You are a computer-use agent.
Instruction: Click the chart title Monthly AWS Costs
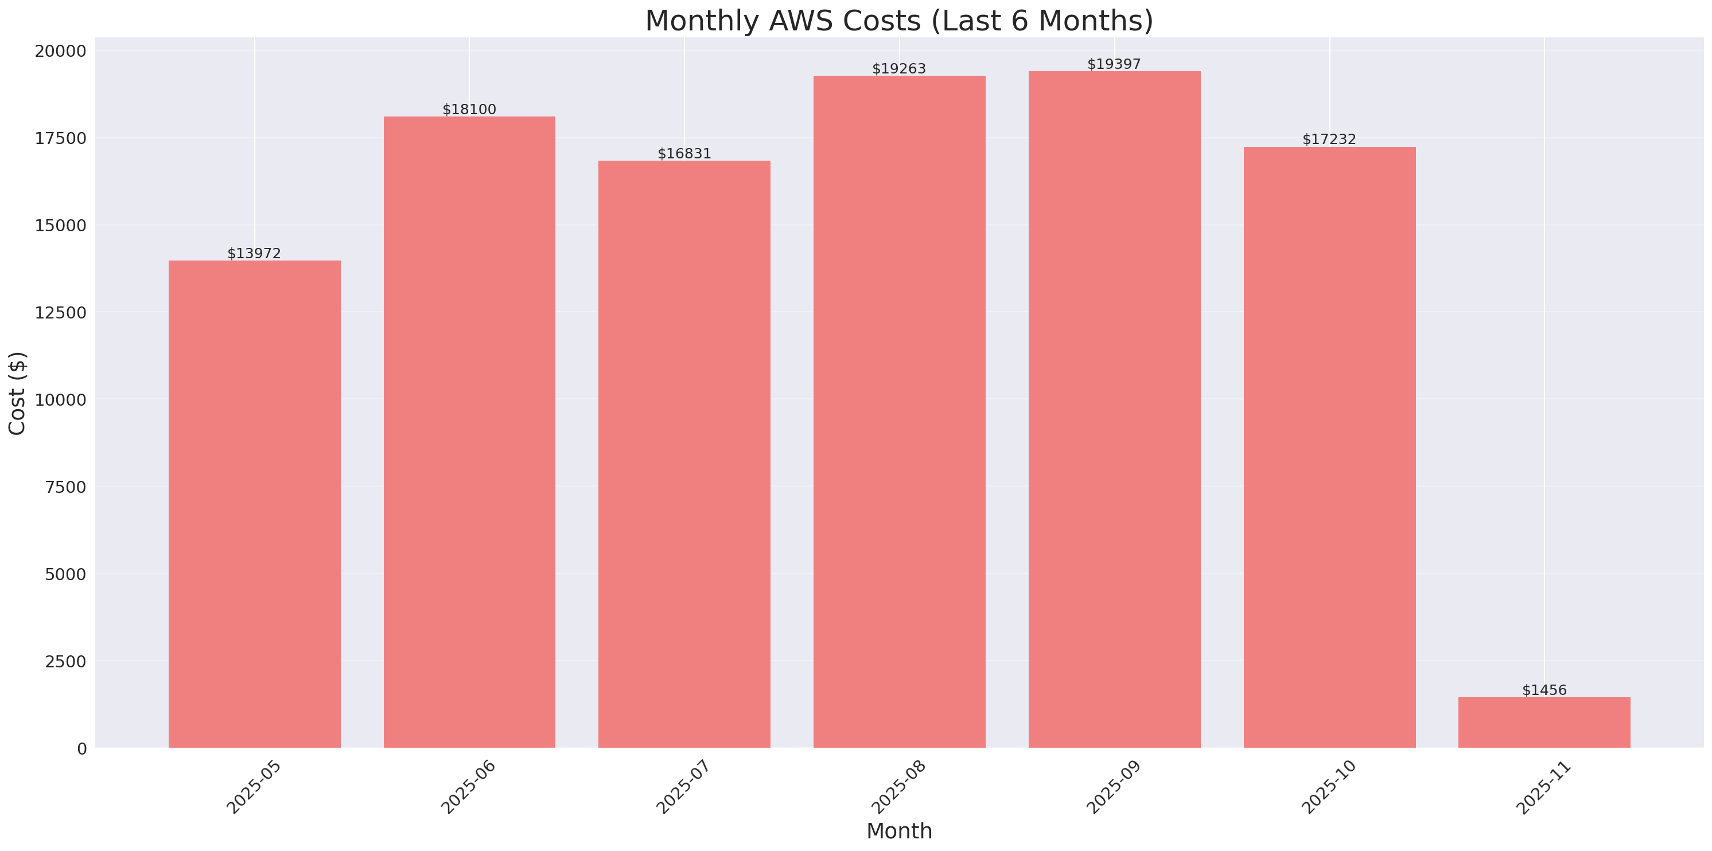(898, 21)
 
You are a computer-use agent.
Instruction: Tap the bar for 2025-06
(469, 432)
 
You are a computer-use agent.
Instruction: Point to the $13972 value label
(255, 253)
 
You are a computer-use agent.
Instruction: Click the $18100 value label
(469, 109)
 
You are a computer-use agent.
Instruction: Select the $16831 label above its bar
(684, 154)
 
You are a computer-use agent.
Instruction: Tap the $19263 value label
(898, 68)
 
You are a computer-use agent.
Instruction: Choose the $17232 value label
(1329, 139)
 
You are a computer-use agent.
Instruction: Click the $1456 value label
(1544, 690)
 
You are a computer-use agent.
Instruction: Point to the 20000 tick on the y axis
(60, 51)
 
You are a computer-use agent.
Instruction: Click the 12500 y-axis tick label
(60, 313)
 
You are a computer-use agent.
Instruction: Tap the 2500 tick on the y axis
(66, 662)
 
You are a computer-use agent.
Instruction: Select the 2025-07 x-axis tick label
(683, 787)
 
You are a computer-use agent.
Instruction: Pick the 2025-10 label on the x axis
(1328, 787)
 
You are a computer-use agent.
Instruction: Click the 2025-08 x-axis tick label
(898, 787)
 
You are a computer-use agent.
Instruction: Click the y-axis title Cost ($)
(17, 393)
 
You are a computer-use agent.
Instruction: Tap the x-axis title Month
(898, 831)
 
